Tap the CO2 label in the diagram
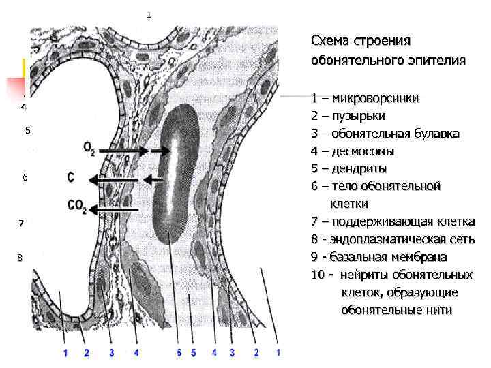pos(77,205)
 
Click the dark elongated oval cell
pos(175,174)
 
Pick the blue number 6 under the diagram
pos(179,352)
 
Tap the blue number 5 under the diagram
pos(193,352)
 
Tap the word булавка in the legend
pos(435,134)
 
